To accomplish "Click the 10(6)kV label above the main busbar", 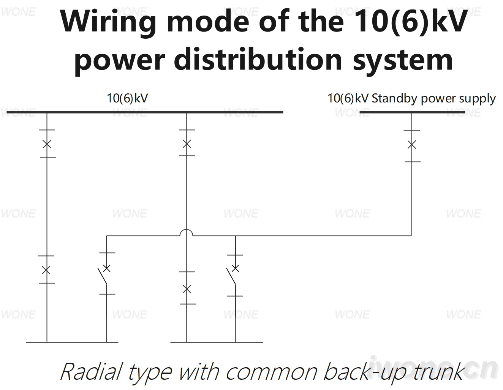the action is pos(127,98).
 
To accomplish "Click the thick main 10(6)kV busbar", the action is pos(145,112).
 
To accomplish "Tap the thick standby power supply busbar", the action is pos(412,112).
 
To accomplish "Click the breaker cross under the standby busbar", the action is pos(411,145).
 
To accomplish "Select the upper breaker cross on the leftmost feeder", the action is pos(47,144).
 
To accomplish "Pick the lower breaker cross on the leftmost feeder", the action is pos(46,270).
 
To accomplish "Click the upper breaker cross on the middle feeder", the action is pos(187,144).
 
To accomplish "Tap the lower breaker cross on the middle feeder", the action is pos(187,289).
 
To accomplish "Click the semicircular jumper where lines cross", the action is pos(186,230).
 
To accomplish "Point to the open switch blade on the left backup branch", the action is pos(102,276).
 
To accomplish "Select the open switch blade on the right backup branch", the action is pos(231,276).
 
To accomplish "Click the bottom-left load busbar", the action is pos(72,342).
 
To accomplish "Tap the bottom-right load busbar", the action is pos(217,342).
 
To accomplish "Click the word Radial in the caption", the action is pos(91,372).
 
